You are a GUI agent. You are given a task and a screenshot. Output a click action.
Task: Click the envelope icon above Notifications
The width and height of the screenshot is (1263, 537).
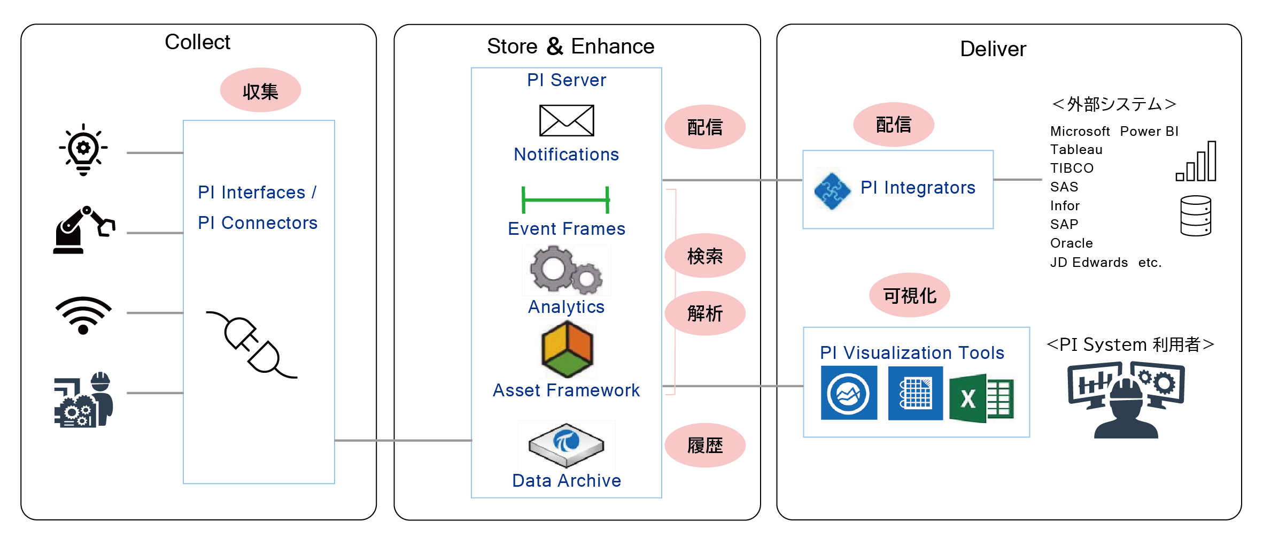(566, 120)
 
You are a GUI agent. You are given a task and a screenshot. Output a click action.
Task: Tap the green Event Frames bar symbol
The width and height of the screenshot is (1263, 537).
(565, 200)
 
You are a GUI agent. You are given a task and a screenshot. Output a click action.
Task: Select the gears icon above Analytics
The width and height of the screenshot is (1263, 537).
(566, 270)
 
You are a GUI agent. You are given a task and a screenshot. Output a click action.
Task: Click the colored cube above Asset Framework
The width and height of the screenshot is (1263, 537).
(567, 349)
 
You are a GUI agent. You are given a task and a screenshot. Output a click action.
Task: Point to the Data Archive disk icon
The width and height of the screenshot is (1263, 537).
(566, 444)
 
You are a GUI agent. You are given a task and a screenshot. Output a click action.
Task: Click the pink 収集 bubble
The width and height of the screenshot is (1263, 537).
(260, 90)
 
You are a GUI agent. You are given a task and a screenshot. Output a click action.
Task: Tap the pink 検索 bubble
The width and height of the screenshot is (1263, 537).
(704, 256)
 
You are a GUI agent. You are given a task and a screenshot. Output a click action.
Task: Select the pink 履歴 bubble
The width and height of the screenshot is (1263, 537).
(704, 446)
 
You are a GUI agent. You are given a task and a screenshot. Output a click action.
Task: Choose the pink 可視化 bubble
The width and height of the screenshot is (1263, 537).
(909, 295)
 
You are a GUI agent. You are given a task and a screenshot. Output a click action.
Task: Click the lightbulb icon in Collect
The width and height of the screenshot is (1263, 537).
(83, 150)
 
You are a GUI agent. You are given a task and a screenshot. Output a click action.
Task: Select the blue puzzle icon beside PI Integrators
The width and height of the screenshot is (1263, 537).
(832, 189)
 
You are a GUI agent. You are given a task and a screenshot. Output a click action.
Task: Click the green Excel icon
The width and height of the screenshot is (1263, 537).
(981, 398)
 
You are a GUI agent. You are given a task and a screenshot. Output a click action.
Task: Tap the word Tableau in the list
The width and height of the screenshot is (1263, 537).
(1076, 150)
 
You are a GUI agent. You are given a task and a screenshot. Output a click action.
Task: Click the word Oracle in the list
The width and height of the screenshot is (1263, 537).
(1071, 243)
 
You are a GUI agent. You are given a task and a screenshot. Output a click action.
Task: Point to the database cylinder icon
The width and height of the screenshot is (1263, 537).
(1195, 216)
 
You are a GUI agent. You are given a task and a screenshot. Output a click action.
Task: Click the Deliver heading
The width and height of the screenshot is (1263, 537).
(993, 49)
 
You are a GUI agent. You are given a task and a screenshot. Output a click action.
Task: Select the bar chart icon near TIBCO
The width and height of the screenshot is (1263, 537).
(1196, 162)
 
